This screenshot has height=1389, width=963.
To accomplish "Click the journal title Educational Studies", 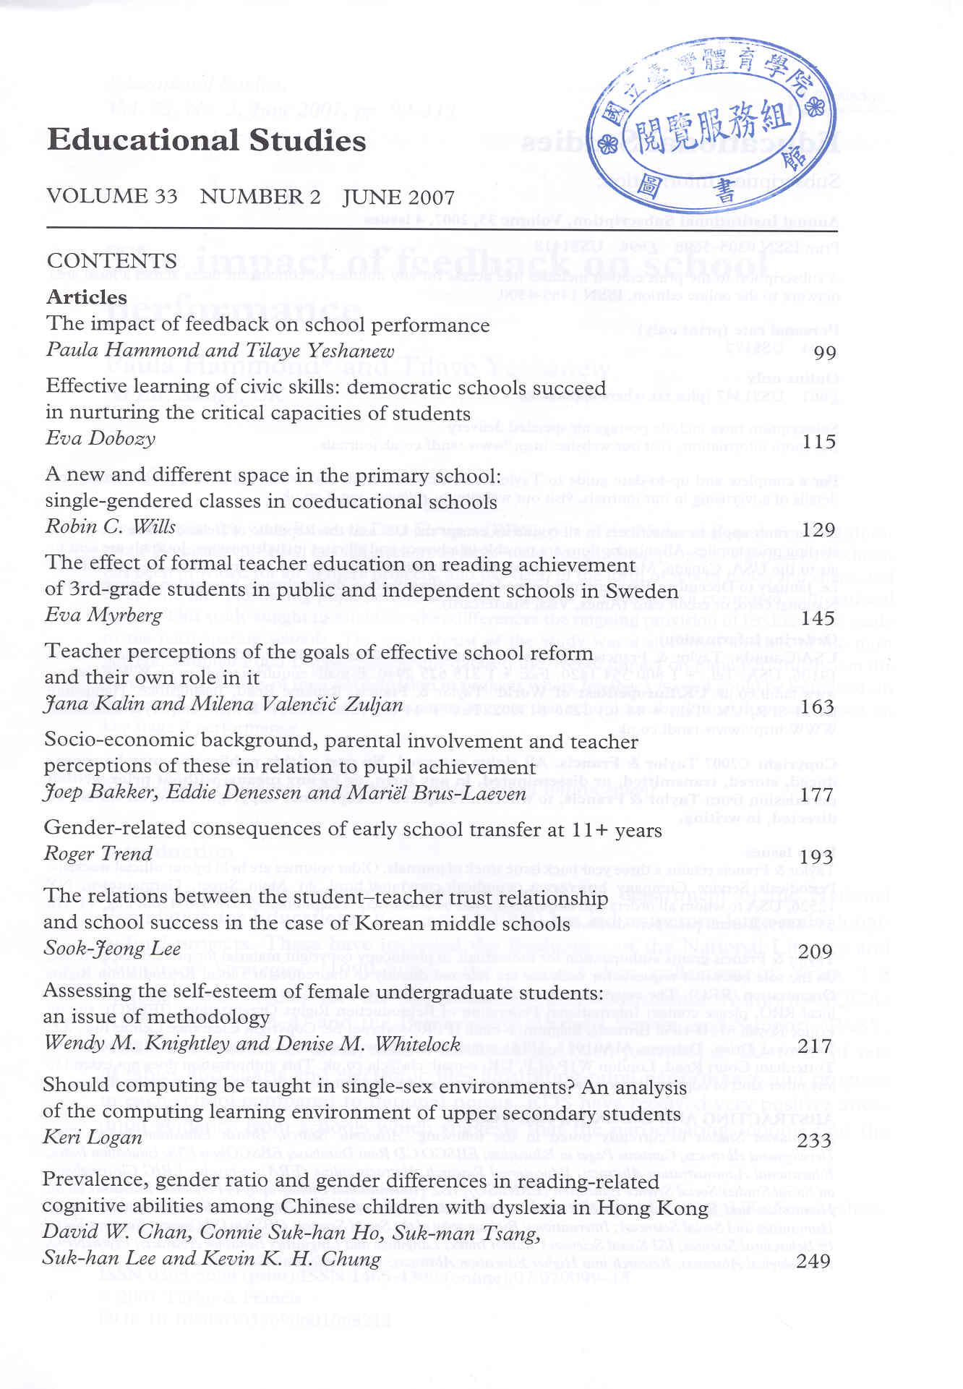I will (206, 140).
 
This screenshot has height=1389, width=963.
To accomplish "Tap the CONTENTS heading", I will (112, 261).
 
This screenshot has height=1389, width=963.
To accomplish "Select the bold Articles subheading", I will (87, 297).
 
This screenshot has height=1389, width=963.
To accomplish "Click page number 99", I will (825, 354).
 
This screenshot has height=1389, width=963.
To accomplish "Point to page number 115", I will (820, 442).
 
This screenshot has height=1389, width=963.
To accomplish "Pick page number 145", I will (818, 618).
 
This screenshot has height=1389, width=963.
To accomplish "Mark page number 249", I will (814, 1262).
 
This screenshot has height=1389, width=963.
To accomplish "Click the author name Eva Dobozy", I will (100, 439).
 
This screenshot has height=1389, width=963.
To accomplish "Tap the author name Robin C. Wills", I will (111, 526).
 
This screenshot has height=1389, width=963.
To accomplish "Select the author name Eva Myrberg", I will (104, 615).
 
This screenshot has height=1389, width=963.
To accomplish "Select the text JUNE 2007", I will (398, 197).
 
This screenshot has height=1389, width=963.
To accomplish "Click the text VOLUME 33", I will (112, 196).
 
